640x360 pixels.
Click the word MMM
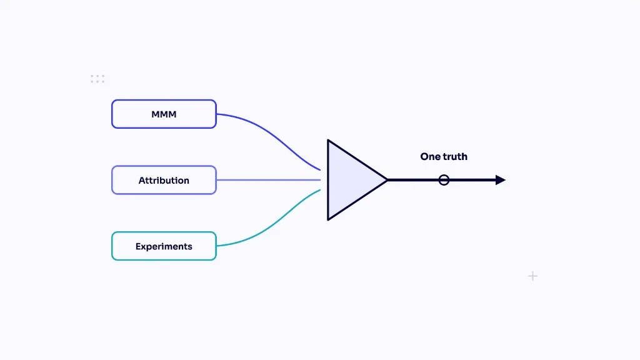[x=164, y=114]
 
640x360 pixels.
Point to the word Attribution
[x=164, y=181]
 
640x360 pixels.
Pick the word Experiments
[x=164, y=246]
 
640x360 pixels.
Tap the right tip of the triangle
[x=387, y=180]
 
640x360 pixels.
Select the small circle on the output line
[x=444, y=175]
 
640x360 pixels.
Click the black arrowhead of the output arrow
[x=501, y=180]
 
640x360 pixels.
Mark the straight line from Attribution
[x=269, y=180]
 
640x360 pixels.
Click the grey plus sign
[x=532, y=276]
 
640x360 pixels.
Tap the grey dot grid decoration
[x=97, y=79]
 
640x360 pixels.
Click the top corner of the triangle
[x=327, y=141]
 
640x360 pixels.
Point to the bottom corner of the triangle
[x=327, y=219]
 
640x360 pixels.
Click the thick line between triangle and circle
[x=413, y=180]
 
